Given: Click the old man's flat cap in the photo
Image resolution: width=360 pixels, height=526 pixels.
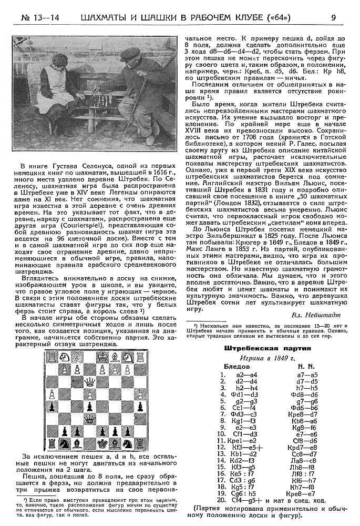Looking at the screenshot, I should (130, 54).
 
